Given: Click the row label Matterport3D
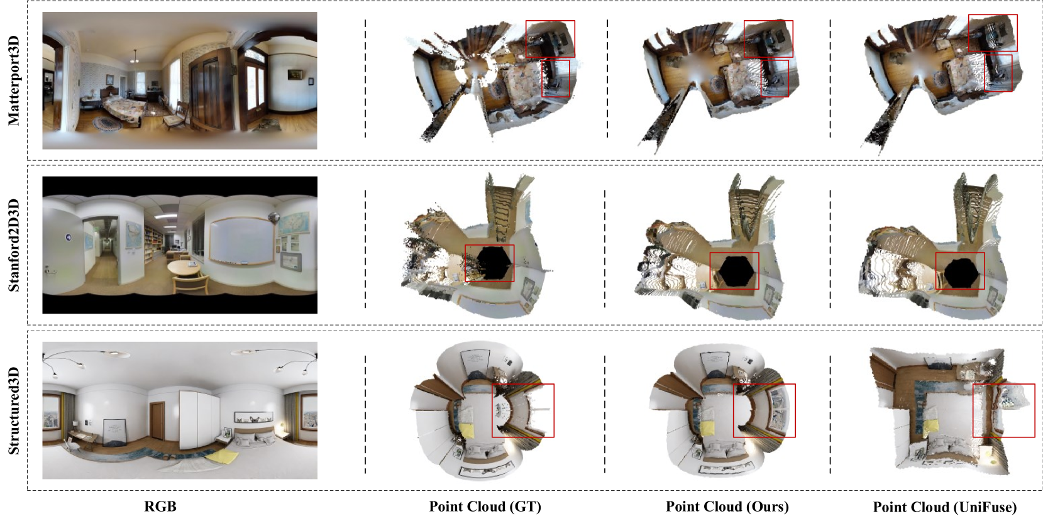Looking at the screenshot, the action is (14, 80).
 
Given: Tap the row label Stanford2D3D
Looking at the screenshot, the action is (14, 245).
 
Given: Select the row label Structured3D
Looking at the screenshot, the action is (14, 410).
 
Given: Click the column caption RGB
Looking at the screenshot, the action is (160, 506).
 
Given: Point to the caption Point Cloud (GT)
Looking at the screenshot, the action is (485, 507).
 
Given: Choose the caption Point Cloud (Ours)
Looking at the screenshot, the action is (727, 507).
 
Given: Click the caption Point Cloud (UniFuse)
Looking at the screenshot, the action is (945, 507).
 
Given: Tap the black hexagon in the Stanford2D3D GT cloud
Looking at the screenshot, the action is (494, 263).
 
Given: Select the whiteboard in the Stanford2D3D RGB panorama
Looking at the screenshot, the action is (241, 241).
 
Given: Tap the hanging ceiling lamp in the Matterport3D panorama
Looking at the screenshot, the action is (135, 57).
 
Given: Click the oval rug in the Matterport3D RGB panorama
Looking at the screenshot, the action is (107, 124).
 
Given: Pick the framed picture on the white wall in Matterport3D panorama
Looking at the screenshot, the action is (294, 74).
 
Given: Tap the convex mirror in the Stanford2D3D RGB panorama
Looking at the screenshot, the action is (273, 216).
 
